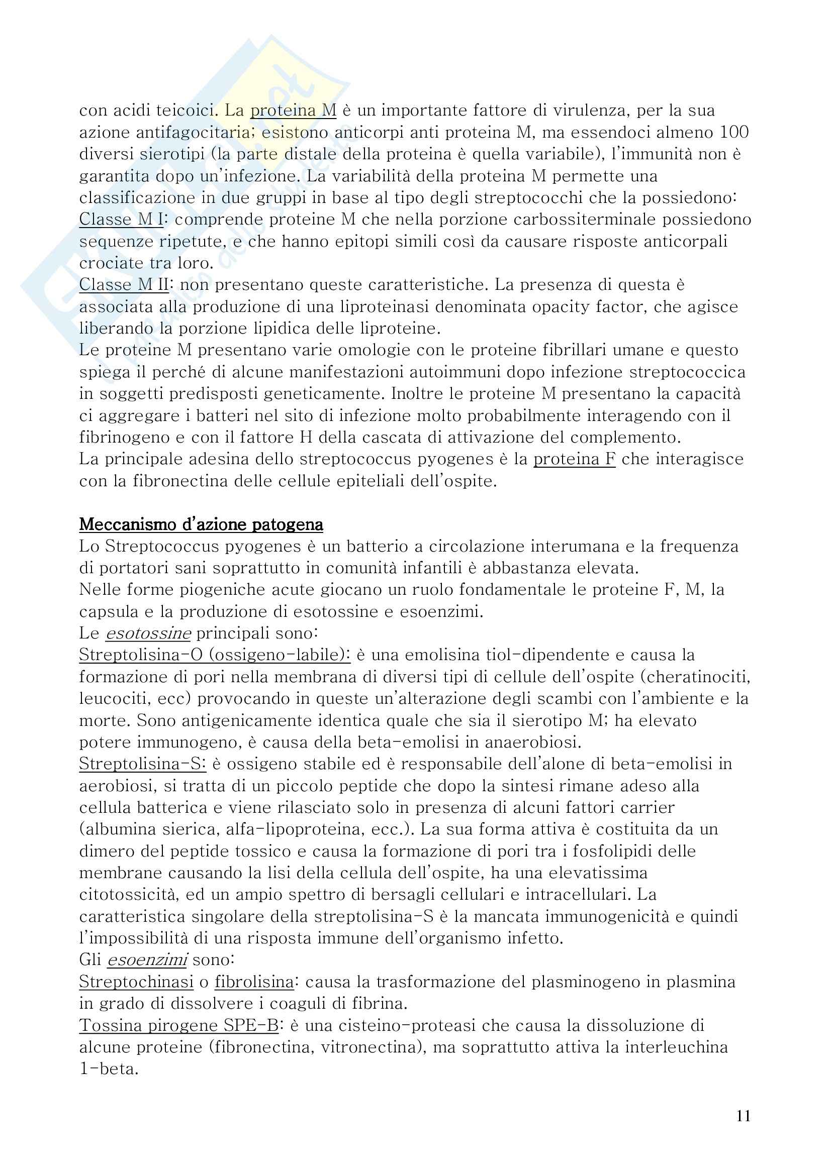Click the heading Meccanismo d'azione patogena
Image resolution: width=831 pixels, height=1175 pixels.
tap(201, 524)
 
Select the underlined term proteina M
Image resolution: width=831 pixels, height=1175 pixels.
tap(293, 110)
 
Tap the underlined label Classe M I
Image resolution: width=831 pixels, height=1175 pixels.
tap(121, 219)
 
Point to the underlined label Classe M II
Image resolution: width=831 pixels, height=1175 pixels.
tap(123, 284)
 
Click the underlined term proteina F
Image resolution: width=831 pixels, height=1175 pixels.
tap(574, 459)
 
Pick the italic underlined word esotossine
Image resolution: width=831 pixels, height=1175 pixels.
tap(148, 633)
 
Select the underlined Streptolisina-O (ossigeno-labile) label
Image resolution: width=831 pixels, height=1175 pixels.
tap(215, 655)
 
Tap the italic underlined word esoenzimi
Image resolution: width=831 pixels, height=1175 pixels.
tap(147, 960)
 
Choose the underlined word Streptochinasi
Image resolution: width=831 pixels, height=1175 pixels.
tap(136, 982)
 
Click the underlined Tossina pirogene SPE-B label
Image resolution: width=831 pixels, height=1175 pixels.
tap(178, 1026)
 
